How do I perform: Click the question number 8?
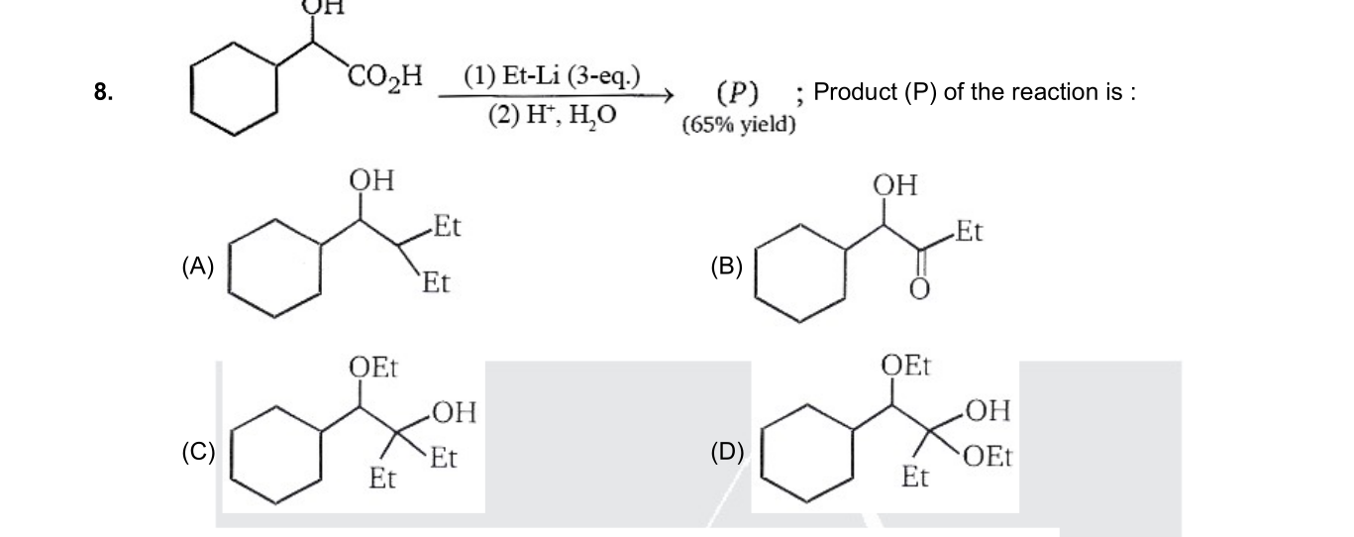[x=103, y=92]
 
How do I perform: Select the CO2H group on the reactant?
[x=385, y=78]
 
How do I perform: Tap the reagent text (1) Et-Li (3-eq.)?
[x=552, y=77]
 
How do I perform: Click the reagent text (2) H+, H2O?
[x=553, y=115]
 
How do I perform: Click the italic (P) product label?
[x=738, y=92]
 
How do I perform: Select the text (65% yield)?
[x=739, y=125]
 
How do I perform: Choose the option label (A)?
[x=198, y=267]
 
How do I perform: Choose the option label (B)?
[x=727, y=267]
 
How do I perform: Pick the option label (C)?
[x=198, y=452]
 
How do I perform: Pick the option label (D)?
[x=727, y=452]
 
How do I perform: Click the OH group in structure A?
[x=371, y=180]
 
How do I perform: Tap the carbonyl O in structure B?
[x=919, y=289]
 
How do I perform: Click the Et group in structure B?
[x=969, y=231]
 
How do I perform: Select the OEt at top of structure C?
[x=373, y=367]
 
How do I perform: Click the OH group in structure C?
[x=455, y=412]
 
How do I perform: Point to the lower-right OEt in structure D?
[x=988, y=456]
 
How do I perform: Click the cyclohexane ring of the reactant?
[x=234, y=89]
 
